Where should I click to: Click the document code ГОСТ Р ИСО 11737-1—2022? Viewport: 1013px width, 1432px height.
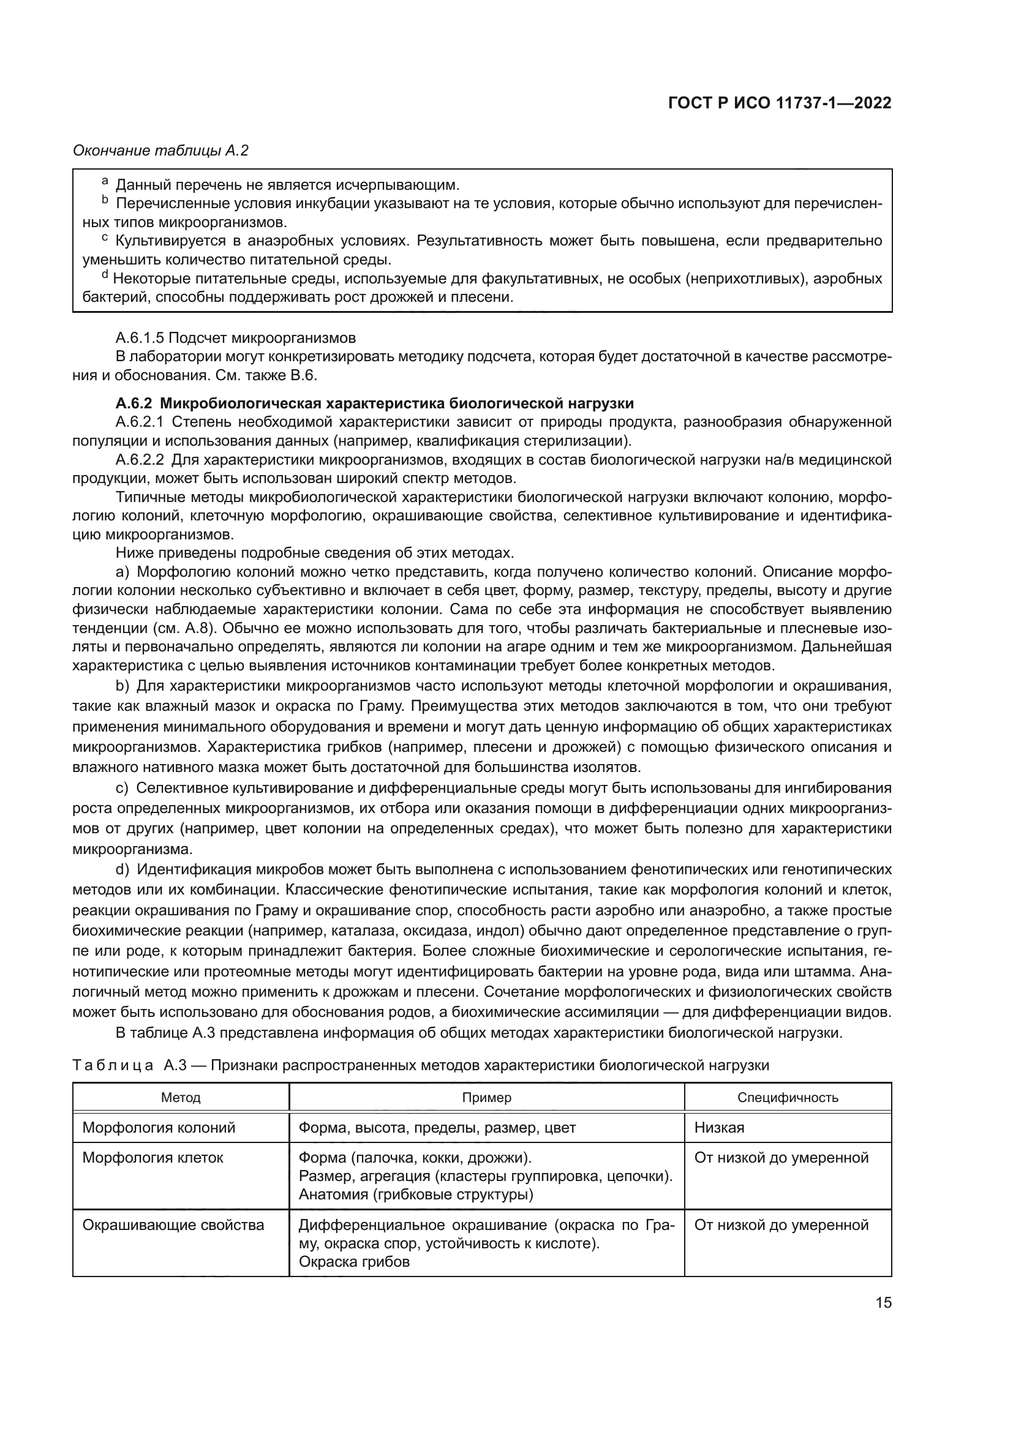(779, 103)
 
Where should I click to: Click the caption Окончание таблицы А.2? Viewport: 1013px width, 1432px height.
(161, 151)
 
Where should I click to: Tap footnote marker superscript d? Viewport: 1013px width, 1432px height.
(105, 275)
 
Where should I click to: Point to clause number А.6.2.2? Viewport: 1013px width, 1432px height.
(139, 460)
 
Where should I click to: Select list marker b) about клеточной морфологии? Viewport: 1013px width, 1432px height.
(122, 687)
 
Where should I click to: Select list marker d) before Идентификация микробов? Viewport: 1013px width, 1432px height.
(122, 869)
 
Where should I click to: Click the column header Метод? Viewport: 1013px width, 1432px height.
(181, 1097)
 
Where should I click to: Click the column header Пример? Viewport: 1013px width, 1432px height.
(486, 1097)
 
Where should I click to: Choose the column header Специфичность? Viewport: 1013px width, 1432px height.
(788, 1097)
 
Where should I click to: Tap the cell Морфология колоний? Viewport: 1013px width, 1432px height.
(159, 1128)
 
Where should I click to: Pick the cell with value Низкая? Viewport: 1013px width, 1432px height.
(719, 1128)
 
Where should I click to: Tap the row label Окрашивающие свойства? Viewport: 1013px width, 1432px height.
(173, 1225)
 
